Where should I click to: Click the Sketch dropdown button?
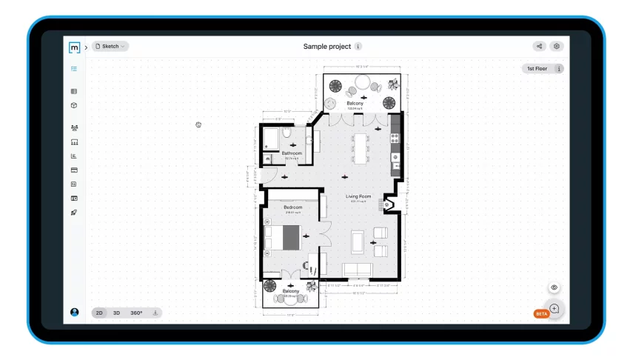[110, 46]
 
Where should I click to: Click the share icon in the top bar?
[540, 46]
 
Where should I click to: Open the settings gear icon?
[557, 46]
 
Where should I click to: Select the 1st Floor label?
[537, 69]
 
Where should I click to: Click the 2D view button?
[99, 313]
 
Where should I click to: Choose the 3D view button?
[116, 313]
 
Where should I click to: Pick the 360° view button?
[136, 313]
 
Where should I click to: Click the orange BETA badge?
[541, 314]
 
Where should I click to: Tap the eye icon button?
[555, 287]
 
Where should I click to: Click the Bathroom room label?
[291, 153]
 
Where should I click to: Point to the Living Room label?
[358, 196]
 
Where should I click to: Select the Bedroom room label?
[293, 207]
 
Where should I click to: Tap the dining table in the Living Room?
[360, 147]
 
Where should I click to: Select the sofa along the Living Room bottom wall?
[358, 268]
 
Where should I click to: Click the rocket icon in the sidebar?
[74, 213]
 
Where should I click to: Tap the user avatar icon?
[74, 313]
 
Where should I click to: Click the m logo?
[74, 47]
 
